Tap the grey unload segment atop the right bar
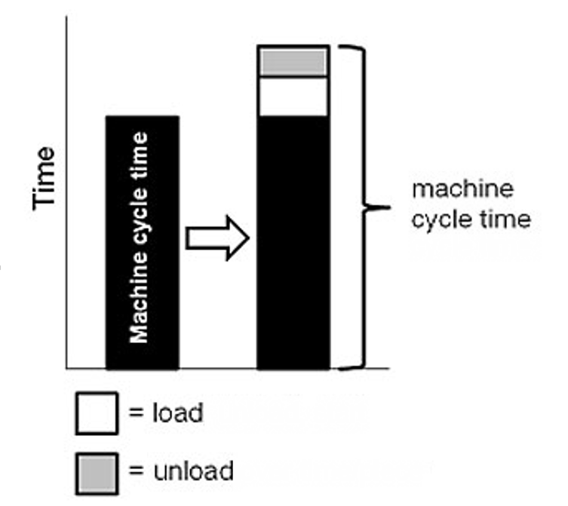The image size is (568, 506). point(293,62)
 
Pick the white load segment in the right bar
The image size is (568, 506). point(293,97)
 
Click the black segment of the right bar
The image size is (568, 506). point(293,241)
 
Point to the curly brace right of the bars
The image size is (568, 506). point(365,207)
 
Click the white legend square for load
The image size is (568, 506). point(97,413)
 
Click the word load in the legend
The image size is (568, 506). point(177,413)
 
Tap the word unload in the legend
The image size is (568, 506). point(192,471)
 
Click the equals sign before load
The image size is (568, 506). point(136,413)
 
